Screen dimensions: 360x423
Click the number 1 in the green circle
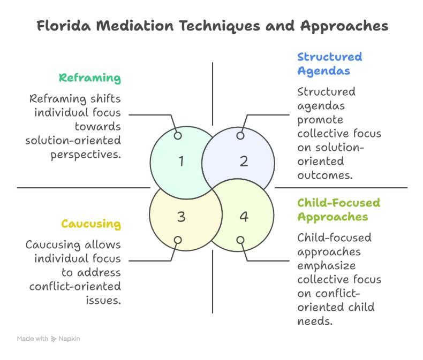[x=181, y=160]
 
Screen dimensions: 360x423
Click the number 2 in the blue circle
[x=244, y=160]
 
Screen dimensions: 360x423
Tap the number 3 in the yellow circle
[x=181, y=217]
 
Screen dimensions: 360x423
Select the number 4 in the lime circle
[x=244, y=217]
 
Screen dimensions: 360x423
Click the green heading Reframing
[x=89, y=78]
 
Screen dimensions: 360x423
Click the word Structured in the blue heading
[x=329, y=57]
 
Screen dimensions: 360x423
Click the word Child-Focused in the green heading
[x=338, y=203]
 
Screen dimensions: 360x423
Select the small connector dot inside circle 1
[x=178, y=136]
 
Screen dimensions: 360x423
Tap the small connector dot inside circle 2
[x=240, y=136]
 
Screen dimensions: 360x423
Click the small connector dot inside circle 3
[x=178, y=240]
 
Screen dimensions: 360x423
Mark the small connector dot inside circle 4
[x=240, y=240]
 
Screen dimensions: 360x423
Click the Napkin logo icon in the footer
[x=54, y=339]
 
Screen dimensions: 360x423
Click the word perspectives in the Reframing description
[x=88, y=154]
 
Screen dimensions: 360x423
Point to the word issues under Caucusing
[x=104, y=300]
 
